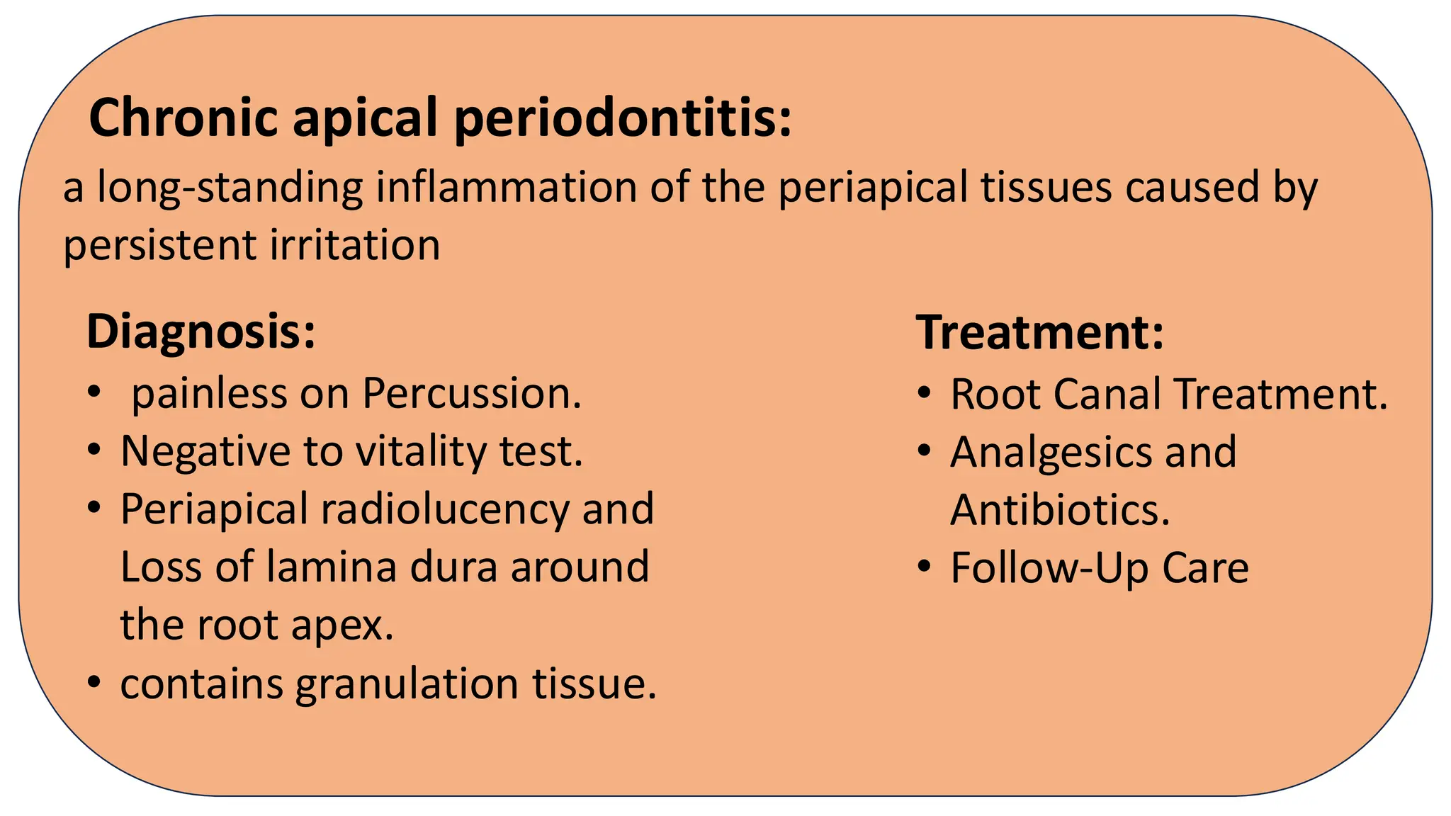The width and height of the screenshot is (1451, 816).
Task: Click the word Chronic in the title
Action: click(183, 118)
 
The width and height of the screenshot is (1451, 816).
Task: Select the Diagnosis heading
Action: click(201, 331)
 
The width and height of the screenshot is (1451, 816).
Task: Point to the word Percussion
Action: click(472, 393)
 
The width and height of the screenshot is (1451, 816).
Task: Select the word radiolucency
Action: click(445, 509)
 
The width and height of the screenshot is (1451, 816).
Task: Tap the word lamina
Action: click(331, 567)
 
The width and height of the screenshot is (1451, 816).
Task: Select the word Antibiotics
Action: click(1060, 510)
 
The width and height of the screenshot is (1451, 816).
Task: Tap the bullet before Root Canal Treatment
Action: click(923, 392)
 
